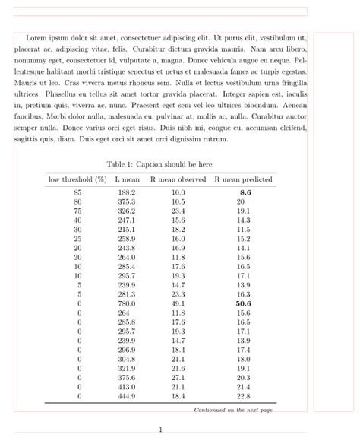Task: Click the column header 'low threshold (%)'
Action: point(77,179)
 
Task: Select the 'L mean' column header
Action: point(128,179)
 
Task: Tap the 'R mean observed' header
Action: point(178,179)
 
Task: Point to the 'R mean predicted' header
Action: point(244,179)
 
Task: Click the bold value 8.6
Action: point(245,193)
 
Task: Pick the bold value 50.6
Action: point(244,303)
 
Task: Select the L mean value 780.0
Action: point(127,303)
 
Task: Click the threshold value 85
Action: point(77,193)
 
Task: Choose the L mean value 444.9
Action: point(127,395)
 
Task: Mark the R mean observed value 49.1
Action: point(178,303)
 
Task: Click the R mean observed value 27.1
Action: point(178,377)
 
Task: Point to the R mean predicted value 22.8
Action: point(244,395)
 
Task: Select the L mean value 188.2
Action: point(127,193)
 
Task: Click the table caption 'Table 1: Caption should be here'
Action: point(159,164)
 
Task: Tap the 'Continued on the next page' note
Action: point(233,410)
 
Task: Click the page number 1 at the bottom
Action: point(160,430)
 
